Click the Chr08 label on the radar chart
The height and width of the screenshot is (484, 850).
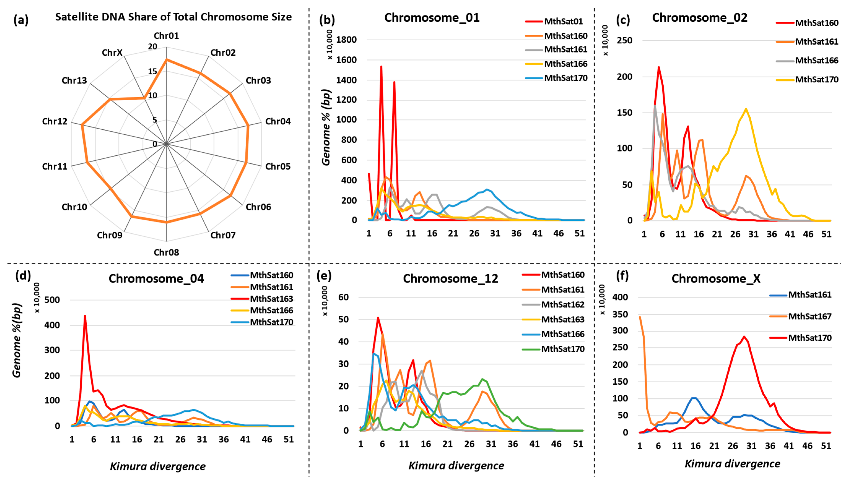click(166, 252)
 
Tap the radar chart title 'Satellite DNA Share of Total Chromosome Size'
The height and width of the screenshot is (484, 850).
click(173, 17)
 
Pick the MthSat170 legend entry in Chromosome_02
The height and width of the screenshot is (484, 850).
click(816, 80)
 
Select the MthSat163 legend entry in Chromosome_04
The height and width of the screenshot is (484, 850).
click(271, 299)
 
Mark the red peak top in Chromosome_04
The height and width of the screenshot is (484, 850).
click(85, 316)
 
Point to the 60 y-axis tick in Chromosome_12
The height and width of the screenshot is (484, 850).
click(343, 297)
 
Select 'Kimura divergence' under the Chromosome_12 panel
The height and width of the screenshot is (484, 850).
click(456, 466)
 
